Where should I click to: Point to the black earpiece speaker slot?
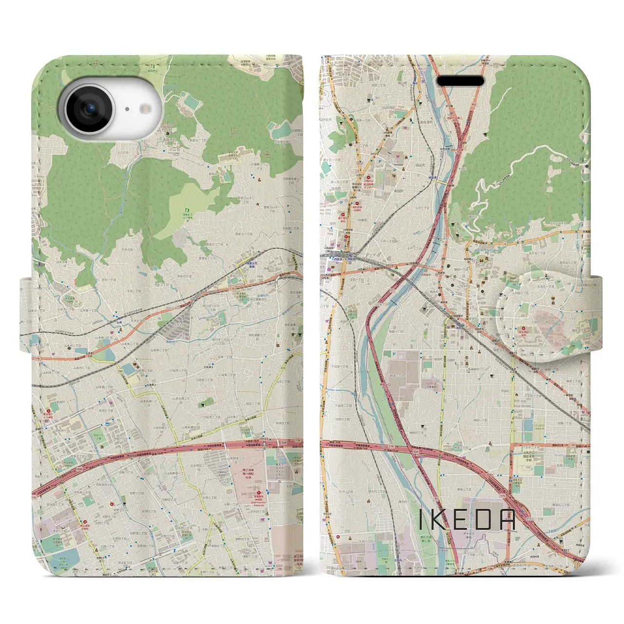(x=461, y=80)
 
